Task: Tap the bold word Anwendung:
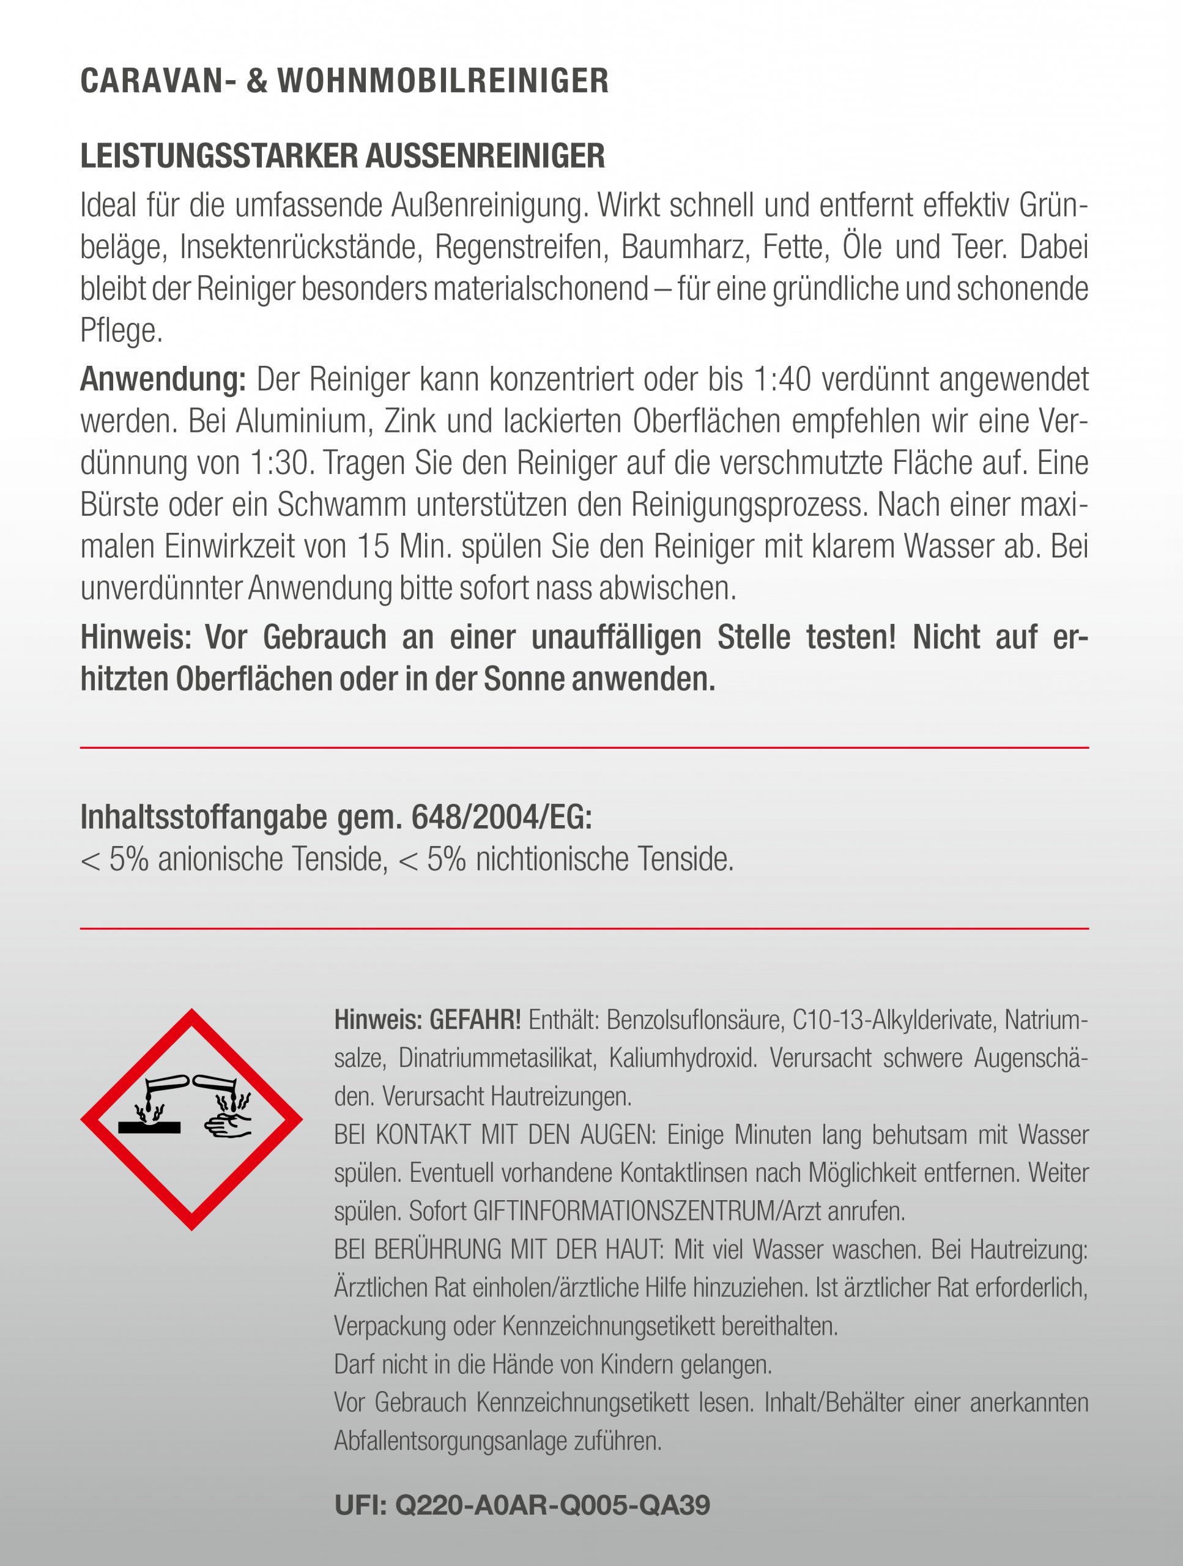(x=163, y=380)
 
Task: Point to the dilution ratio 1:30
(x=278, y=464)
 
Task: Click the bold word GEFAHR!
(x=475, y=1020)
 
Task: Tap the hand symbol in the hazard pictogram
(x=229, y=1124)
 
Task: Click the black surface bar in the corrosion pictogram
(x=149, y=1126)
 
